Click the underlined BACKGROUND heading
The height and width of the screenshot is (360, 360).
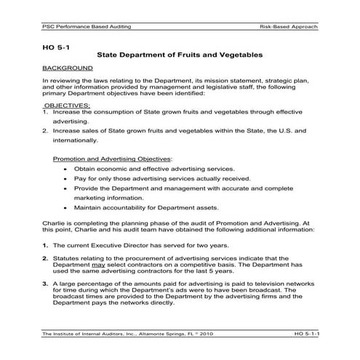click(67, 68)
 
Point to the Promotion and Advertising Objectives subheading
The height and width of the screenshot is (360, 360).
click(112, 158)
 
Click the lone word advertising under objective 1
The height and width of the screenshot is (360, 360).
click(70, 122)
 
